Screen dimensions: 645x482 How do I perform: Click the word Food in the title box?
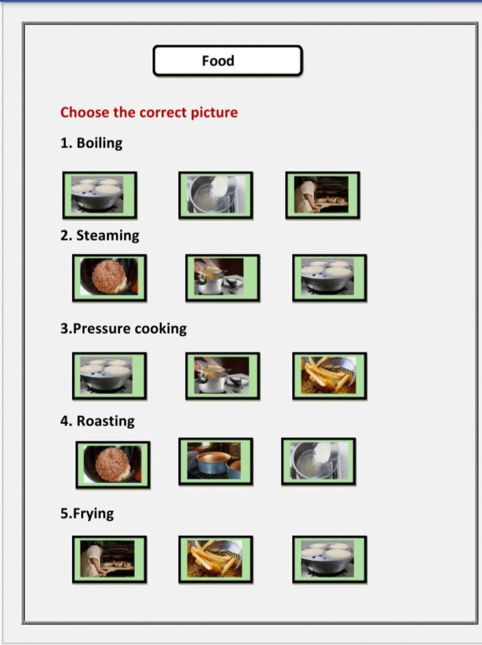click(218, 61)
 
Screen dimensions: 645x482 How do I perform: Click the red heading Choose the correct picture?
click(149, 112)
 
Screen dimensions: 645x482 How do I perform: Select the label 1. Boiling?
click(91, 143)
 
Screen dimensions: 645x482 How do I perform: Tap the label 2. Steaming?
click(100, 235)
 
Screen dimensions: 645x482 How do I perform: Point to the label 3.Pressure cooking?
click(123, 329)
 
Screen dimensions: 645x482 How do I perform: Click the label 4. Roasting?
click(97, 421)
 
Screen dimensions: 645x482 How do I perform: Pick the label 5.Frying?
click(87, 513)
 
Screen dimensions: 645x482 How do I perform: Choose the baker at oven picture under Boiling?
click(322, 195)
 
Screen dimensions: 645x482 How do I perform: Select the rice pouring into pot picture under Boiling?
click(215, 195)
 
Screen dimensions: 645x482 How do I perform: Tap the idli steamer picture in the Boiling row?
click(100, 195)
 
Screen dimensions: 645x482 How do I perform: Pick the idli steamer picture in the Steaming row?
click(329, 278)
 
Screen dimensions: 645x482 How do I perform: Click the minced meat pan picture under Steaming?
click(109, 278)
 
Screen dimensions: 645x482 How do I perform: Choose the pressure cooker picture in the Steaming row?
click(222, 278)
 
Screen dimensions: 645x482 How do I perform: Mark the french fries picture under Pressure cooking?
click(329, 376)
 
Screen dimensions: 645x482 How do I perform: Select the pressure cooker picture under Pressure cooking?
click(222, 376)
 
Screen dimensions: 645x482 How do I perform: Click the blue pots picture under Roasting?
click(215, 462)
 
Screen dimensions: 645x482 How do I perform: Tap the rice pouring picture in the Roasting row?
click(318, 462)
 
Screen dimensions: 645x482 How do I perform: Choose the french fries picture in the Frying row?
click(215, 560)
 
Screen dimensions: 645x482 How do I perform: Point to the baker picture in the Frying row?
click(109, 560)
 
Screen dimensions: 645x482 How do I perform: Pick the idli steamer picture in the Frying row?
click(329, 560)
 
